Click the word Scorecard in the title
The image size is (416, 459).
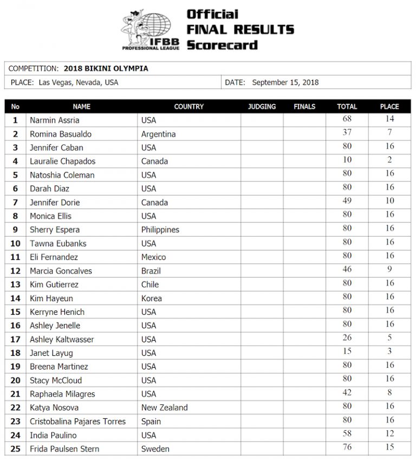click(223, 44)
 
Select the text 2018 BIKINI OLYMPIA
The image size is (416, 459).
click(106, 69)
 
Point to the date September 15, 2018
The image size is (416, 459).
click(285, 82)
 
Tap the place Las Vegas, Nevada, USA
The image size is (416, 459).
click(79, 82)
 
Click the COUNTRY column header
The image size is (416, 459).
click(188, 107)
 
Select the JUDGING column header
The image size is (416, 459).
click(262, 107)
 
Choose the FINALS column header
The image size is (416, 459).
click(304, 107)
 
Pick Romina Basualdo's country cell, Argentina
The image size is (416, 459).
click(158, 134)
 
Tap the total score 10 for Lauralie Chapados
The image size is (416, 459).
click(347, 160)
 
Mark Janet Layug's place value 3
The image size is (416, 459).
click(389, 352)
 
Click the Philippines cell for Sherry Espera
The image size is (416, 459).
click(160, 229)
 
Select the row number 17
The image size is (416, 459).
click(15, 340)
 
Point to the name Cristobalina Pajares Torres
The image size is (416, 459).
click(77, 422)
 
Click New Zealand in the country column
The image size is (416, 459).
click(165, 407)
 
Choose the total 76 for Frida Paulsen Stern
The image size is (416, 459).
click(347, 448)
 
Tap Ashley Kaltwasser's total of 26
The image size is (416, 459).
click(347, 339)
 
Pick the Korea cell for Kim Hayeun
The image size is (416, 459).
click(152, 298)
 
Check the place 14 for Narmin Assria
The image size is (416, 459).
click(389, 119)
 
